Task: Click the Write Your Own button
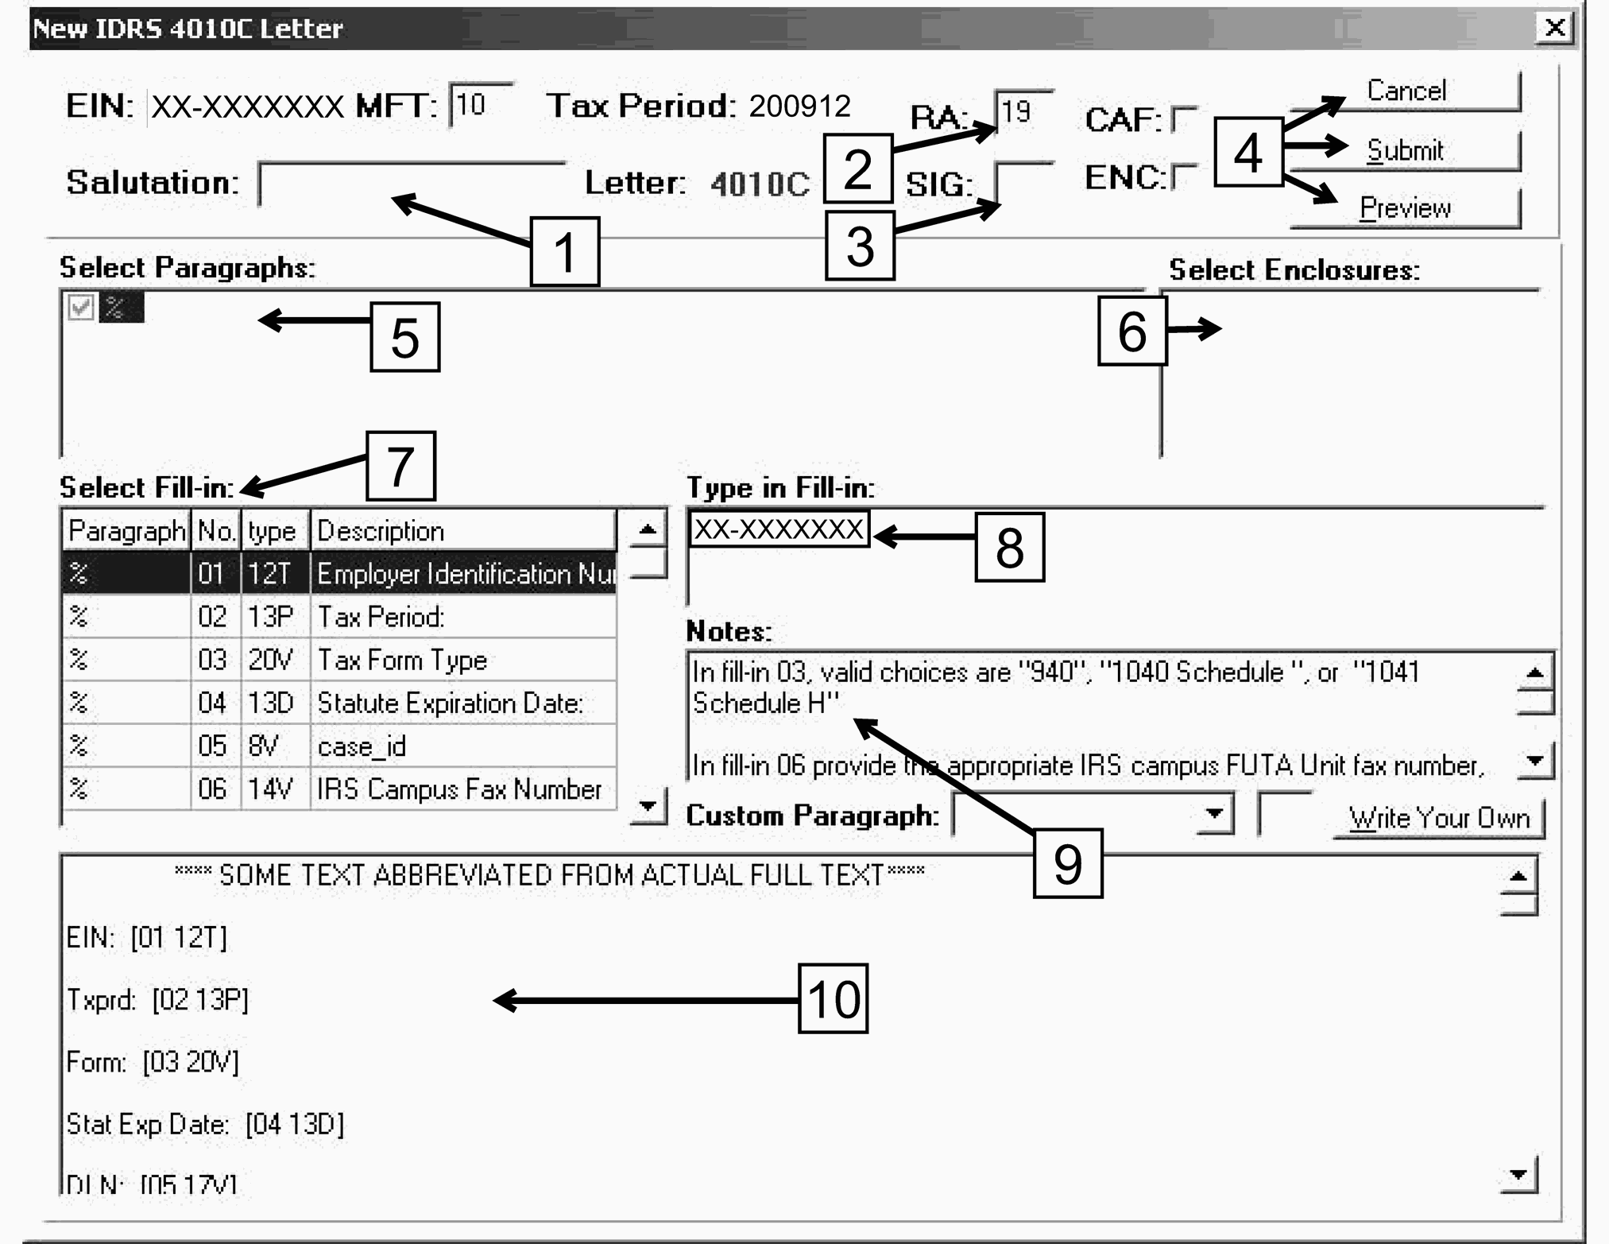tap(1438, 818)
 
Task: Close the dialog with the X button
tap(1555, 29)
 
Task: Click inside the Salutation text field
tap(412, 184)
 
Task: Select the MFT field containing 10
tap(480, 105)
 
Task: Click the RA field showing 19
tap(1023, 111)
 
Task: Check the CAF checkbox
tap(1184, 120)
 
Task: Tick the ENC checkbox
tap(1184, 177)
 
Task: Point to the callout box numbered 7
tap(400, 467)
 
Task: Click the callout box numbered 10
tap(833, 998)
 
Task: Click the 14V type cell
tap(274, 789)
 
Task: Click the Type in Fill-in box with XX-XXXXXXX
tap(779, 529)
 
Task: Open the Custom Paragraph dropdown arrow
tap(1213, 815)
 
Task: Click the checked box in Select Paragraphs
tap(81, 307)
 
